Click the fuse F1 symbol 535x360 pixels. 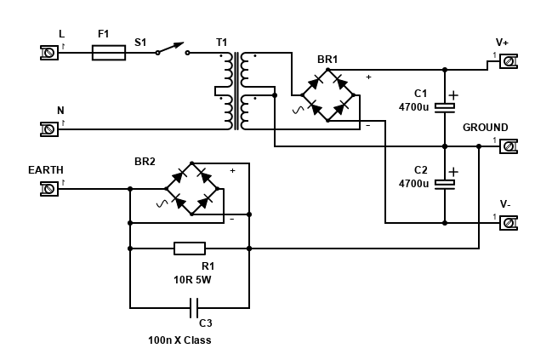click(x=108, y=53)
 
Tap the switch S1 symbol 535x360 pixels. click(x=173, y=50)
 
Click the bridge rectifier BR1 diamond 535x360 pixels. click(x=327, y=94)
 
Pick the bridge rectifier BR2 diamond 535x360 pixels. click(x=191, y=188)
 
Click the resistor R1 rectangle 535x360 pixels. click(x=189, y=249)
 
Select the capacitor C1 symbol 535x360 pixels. click(x=445, y=106)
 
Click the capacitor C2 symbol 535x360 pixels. click(x=445, y=182)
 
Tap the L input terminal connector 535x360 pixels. click(x=49, y=53)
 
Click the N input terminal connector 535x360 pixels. click(x=49, y=129)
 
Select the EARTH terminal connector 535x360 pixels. click(x=49, y=188)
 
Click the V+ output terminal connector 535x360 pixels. click(x=508, y=61)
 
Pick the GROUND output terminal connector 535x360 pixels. click(x=508, y=146)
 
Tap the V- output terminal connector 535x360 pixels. click(x=508, y=223)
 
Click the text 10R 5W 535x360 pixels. click(x=192, y=278)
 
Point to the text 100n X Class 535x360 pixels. click(x=179, y=340)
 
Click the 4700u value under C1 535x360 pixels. click(x=413, y=107)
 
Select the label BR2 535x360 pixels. click(x=145, y=161)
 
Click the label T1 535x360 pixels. click(x=222, y=42)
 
